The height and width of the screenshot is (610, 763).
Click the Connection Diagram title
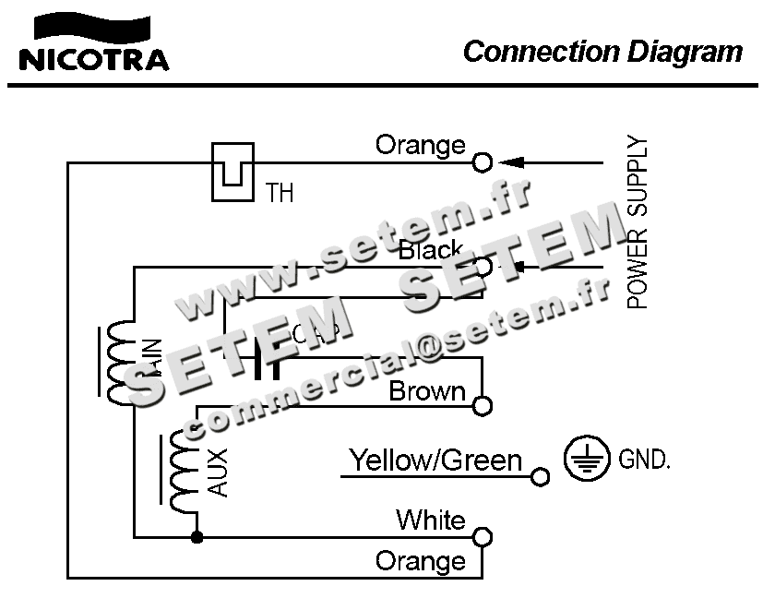pos(602,51)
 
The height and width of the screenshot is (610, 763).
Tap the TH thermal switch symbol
pos(232,172)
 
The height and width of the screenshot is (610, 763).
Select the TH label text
pos(280,194)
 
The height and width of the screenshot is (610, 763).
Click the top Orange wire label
pos(420,146)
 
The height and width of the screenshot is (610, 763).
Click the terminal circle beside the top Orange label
pos(482,163)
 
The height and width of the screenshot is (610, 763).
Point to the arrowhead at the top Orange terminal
pos(513,163)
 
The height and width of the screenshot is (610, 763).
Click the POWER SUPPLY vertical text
pos(638,222)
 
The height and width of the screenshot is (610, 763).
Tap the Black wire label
pos(430,250)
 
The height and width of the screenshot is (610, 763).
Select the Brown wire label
pos(426,391)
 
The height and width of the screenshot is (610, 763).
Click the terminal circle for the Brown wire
pos(482,405)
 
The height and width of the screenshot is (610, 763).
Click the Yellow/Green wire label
pos(435,460)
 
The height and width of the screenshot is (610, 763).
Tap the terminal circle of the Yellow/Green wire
pos(541,476)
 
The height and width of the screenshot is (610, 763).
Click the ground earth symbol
pos(587,460)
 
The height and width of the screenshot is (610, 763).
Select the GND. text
pos(644,460)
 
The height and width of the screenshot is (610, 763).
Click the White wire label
pos(430,520)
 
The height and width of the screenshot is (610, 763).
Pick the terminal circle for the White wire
pos(482,537)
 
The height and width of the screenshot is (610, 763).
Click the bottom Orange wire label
pos(420,561)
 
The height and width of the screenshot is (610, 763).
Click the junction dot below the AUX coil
pos(196,536)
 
